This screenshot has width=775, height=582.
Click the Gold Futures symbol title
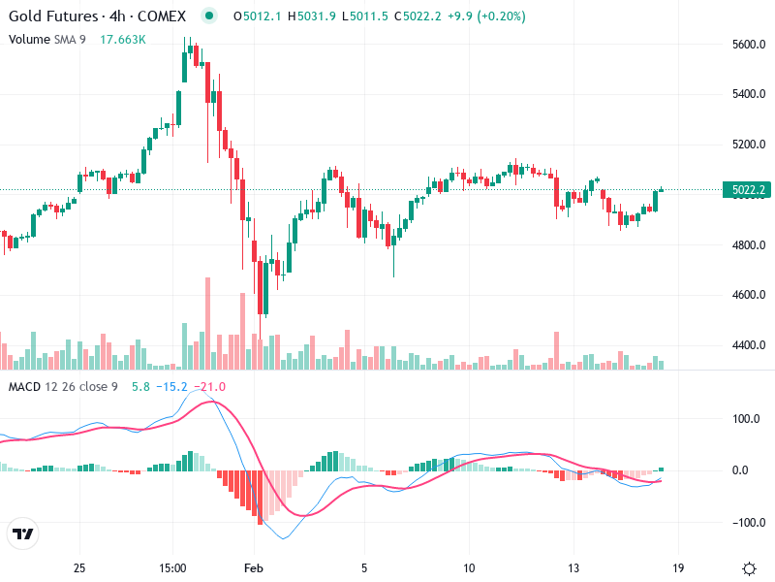97,16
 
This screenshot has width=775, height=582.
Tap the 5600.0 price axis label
751,45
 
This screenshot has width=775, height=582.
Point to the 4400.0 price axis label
751,345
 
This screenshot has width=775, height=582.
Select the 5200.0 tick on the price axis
751,145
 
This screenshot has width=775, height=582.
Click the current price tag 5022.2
750,190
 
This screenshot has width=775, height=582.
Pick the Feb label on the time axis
254,567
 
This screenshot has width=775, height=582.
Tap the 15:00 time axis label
173,567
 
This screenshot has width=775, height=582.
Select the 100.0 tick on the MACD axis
746,419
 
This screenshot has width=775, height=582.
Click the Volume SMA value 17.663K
123,39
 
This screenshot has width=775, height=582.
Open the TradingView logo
22,533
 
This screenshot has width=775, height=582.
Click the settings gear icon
749,567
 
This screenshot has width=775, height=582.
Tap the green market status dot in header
209,16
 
